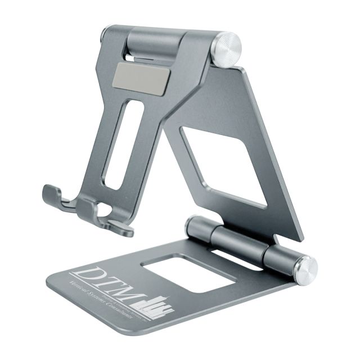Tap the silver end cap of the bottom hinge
305,269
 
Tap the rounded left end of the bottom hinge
193,224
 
